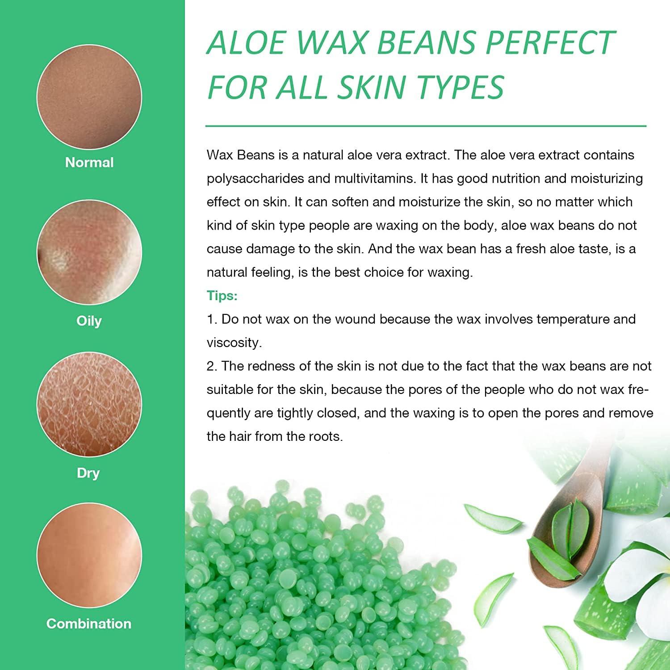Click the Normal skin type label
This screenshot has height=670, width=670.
coord(89,162)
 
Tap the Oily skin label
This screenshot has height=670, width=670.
coord(89,321)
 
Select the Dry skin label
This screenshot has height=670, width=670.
coord(88,473)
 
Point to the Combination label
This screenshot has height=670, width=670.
coord(89,624)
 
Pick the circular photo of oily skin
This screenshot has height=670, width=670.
coord(89,252)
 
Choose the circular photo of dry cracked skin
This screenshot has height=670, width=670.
coord(89,405)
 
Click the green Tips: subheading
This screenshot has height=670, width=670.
coord(222,295)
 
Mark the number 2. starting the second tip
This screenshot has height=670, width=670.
coord(212,366)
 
